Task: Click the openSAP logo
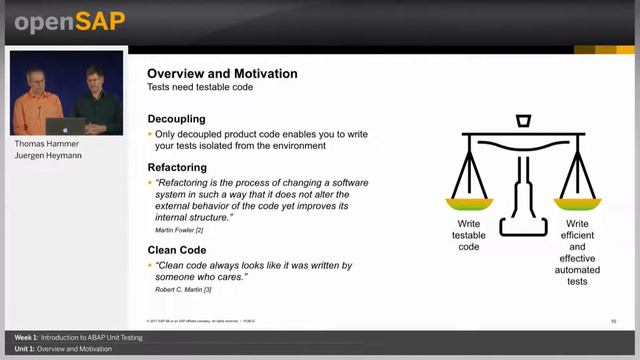click(x=68, y=21)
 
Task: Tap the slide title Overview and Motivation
click(x=222, y=74)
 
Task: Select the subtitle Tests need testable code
click(x=199, y=88)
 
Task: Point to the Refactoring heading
click(x=177, y=168)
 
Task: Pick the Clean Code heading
click(x=178, y=251)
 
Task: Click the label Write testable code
click(x=469, y=236)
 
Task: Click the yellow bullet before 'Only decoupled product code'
click(x=150, y=134)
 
